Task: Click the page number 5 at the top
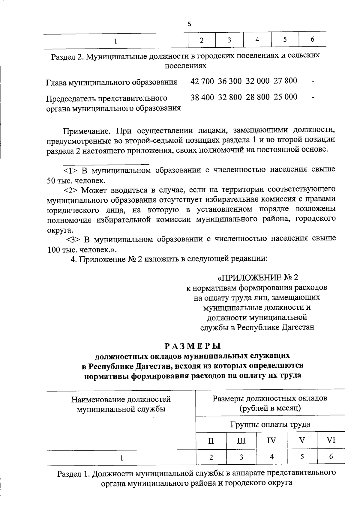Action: pos(189,24)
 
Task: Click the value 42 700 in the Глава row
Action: pos(202,81)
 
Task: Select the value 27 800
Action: pos(285,81)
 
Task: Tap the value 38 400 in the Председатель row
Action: pos(202,97)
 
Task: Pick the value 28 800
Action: pos(258,97)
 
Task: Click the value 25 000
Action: pos(285,97)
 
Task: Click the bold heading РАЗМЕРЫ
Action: pos(193,346)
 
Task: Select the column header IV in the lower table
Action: pos(271,441)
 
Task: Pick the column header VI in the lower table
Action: pos(331,440)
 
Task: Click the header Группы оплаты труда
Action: pos(270,424)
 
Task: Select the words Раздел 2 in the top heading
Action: pos(66,56)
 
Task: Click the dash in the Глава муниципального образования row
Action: pos(313,81)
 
